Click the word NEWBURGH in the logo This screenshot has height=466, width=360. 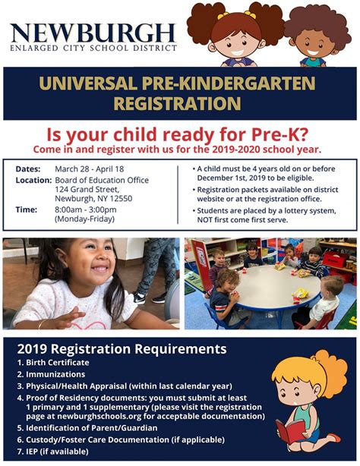[93, 33]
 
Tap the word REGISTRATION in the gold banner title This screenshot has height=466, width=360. [177, 103]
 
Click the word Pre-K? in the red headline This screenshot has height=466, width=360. [279, 134]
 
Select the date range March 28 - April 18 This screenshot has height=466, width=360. [90, 169]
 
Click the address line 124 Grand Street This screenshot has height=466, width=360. [87, 189]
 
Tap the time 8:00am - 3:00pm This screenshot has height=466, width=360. [86, 209]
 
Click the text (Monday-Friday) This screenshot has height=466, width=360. [85, 219]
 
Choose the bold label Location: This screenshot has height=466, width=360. [34, 180]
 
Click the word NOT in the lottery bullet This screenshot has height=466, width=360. [204, 220]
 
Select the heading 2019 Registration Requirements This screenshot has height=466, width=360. [122, 348]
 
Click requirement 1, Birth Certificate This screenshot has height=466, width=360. [53, 363]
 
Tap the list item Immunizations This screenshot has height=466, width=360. [51, 374]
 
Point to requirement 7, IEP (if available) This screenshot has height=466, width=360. [53, 452]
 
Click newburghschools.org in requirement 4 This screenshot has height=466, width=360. [99, 416]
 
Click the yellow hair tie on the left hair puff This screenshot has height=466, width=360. [223, 15]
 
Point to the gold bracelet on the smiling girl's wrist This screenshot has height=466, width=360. [41, 323]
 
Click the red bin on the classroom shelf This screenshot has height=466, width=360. [334, 259]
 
